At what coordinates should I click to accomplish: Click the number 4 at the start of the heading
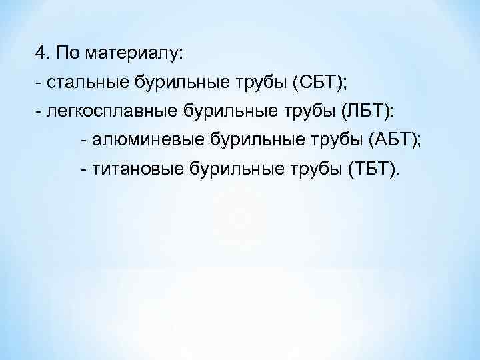pyautogui.click(x=41, y=51)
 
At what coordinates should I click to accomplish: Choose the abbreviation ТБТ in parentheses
pyautogui.click(x=371, y=169)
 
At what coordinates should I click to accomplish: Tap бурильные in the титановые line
pyautogui.click(x=231, y=169)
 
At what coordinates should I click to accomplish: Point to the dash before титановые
pyautogui.click(x=83, y=169)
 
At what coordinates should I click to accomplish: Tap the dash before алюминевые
pyautogui.click(x=83, y=140)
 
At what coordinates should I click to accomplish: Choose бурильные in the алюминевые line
pyautogui.click(x=246, y=139)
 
